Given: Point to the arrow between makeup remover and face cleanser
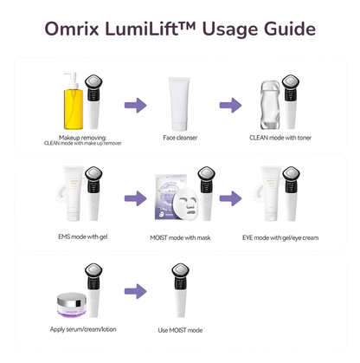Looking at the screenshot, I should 134,105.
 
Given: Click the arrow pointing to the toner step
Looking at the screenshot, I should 230,105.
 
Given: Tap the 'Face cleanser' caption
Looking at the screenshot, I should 180,138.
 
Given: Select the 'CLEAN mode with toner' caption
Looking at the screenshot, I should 281,138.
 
